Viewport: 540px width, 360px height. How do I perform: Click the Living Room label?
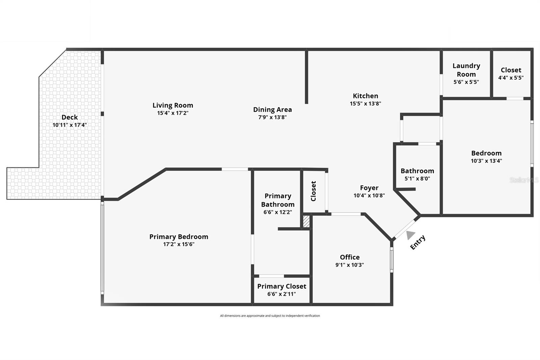pos(172,105)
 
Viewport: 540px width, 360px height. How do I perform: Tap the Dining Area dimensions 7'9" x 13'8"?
pos(272,117)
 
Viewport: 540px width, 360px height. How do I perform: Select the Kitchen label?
pos(365,96)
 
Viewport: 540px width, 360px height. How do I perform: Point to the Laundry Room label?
pos(466,70)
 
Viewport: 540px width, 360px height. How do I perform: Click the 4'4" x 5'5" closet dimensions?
pos(511,78)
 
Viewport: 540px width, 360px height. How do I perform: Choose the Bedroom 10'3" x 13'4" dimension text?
pos(486,161)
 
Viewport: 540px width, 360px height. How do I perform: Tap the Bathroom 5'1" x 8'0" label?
pos(417,171)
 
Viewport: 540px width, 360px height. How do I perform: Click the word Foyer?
pos(369,188)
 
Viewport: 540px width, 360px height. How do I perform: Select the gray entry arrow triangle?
pos(410,234)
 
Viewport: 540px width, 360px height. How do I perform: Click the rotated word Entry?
pos(417,242)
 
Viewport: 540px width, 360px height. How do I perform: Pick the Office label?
pos(350,257)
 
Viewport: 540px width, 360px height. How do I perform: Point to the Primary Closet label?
pos(281,286)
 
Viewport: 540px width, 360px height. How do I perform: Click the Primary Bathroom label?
pos(278,200)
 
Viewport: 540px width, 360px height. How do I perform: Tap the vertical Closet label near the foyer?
pos(313,191)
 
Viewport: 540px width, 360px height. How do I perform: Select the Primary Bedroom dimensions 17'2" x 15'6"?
pos(179,244)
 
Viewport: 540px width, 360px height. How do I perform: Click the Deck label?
pos(70,117)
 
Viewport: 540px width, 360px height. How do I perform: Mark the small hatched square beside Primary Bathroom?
pos(306,222)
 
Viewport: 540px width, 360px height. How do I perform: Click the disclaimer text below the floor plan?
pos(270,316)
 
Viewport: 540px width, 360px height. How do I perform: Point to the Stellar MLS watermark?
pos(524,180)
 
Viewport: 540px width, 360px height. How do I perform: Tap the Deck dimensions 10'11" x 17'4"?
pos(70,125)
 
